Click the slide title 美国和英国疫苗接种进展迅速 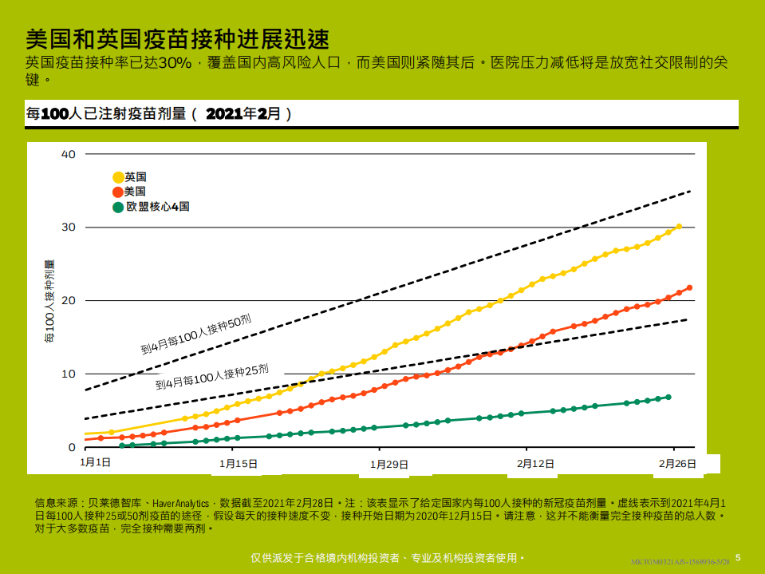177,38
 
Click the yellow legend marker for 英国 118,177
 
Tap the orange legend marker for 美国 118,192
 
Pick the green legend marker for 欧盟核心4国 118,207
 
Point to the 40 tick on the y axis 69,154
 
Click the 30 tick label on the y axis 69,228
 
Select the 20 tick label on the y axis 69,301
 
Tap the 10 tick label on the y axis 69,374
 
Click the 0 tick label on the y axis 72,448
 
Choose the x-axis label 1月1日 96,463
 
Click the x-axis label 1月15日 239,463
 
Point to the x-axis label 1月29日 389,463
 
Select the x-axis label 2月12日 535,463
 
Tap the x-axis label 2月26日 677,463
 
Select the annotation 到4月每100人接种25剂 211,377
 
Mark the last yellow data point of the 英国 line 679,227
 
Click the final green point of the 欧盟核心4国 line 668,397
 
